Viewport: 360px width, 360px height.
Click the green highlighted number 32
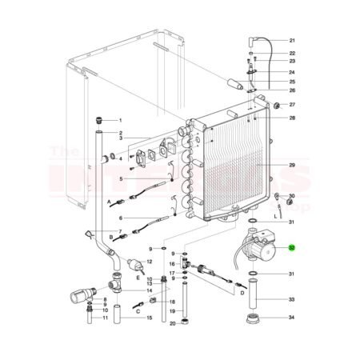(x=291, y=249)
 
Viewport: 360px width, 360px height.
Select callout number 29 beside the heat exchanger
(x=292, y=166)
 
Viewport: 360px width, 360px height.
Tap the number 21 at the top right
(x=292, y=40)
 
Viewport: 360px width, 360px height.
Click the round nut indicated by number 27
(x=277, y=106)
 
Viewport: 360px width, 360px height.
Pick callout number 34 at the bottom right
(x=292, y=318)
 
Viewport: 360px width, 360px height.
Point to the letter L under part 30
(x=276, y=215)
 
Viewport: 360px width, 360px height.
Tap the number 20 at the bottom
(x=171, y=322)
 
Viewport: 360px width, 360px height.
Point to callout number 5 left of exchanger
(x=120, y=179)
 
